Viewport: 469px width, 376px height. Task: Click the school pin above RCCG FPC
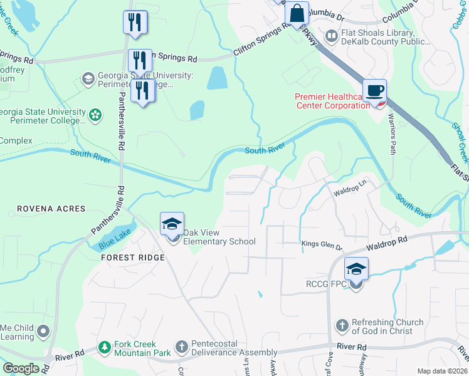point(356,269)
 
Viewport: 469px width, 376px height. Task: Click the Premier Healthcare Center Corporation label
point(332,101)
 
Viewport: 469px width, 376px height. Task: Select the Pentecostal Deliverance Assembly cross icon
point(181,347)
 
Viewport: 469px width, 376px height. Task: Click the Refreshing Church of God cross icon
point(342,326)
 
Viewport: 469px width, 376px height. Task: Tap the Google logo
point(21,368)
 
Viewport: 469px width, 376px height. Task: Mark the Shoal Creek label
point(460,141)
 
